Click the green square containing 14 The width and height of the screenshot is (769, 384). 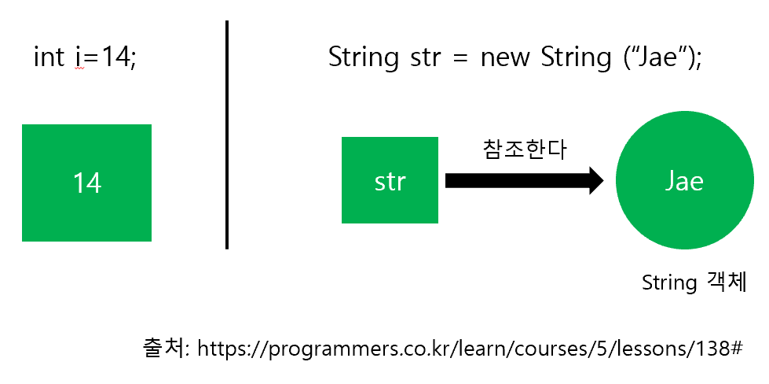[87, 183]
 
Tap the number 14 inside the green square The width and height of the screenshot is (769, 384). [87, 183]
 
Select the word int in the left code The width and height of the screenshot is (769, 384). [49, 57]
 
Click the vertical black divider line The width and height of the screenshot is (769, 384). [227, 135]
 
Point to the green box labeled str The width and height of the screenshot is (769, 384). [390, 180]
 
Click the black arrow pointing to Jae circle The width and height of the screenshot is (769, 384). [524, 181]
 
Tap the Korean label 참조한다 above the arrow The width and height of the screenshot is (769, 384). [525, 150]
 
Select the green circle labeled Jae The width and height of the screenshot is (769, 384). [685, 181]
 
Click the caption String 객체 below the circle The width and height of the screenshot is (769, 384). [694, 282]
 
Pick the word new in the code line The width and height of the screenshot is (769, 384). [505, 57]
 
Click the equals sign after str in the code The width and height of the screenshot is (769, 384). [457, 58]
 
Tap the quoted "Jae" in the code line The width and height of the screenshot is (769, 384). [658, 57]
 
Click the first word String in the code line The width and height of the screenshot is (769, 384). [364, 58]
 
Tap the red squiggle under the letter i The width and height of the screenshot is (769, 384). [79, 69]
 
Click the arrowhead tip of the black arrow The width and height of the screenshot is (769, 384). [603, 181]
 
